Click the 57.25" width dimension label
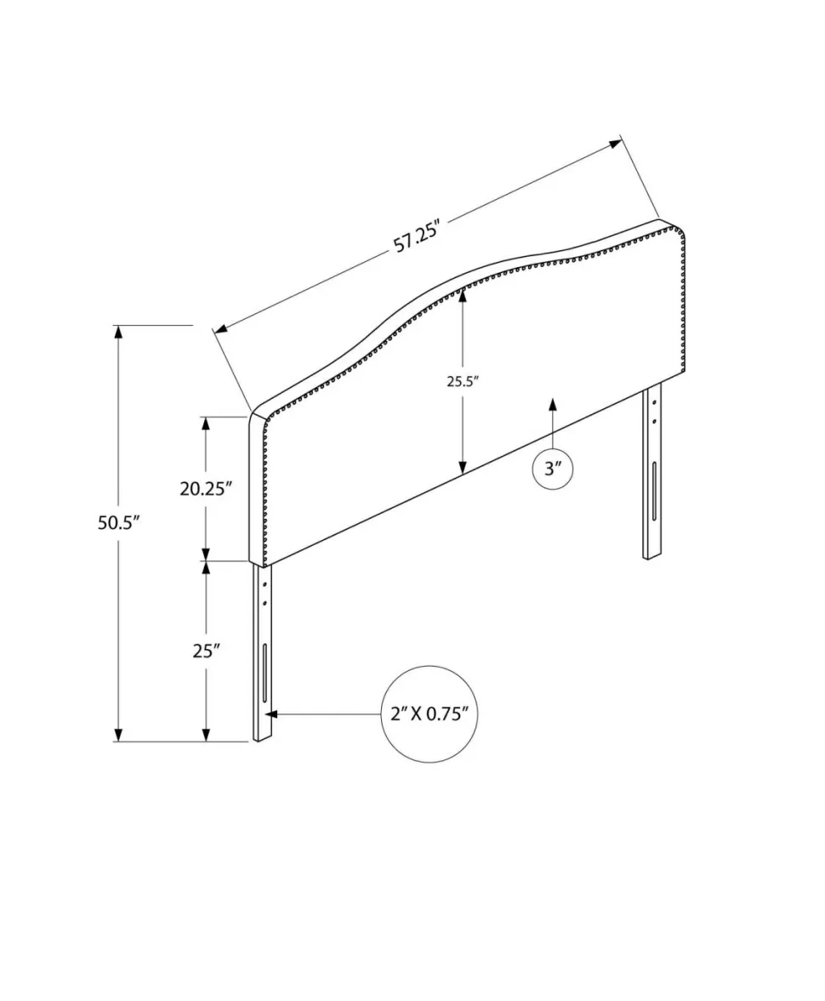coord(418,236)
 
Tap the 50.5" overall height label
coord(118,523)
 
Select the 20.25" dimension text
coord(204,489)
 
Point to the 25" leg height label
coord(206,651)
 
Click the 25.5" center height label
coord(463,382)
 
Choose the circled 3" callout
coord(552,469)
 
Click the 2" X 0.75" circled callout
coord(430,714)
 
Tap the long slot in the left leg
coord(265,672)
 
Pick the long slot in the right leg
coord(655,492)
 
